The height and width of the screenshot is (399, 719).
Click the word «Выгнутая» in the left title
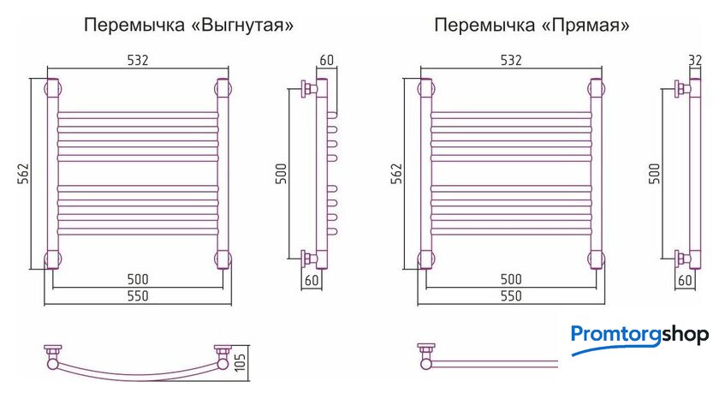[241, 25]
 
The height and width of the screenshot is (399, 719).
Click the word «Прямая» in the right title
[585, 25]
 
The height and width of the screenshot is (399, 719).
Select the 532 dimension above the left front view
[138, 60]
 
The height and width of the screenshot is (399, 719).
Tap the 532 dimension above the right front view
[511, 60]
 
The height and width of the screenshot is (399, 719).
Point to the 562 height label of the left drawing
[23, 173]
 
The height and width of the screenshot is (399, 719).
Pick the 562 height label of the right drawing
[396, 173]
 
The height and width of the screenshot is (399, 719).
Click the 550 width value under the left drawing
[138, 295]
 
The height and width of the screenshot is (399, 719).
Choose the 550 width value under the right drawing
[511, 295]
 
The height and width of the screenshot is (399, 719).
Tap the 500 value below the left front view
[138, 279]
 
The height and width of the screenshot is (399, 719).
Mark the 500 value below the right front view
[511, 279]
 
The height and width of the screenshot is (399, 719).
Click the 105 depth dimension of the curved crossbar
[240, 362]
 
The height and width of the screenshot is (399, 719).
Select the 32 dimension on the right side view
[695, 60]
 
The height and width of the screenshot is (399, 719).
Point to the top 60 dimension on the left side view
[326, 60]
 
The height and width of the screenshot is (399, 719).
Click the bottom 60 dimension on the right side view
[685, 280]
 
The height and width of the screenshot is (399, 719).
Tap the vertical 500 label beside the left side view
[281, 173]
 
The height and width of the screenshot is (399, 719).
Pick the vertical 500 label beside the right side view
[654, 173]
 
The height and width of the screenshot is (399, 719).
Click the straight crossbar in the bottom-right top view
[495, 364]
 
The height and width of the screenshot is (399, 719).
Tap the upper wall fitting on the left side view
[308, 88]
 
